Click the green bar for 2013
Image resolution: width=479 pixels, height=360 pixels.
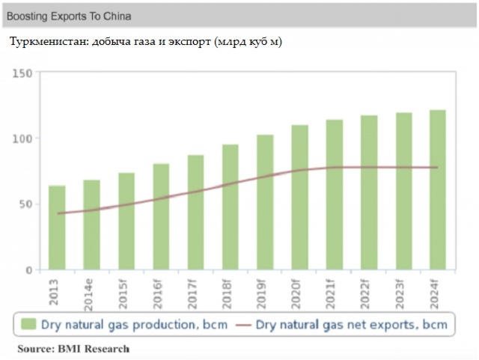[x=57, y=228]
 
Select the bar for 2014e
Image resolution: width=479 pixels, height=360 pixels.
[x=91, y=225]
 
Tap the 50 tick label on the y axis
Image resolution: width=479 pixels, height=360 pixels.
[x=25, y=204]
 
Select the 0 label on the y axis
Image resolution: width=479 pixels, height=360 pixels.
[x=28, y=270]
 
